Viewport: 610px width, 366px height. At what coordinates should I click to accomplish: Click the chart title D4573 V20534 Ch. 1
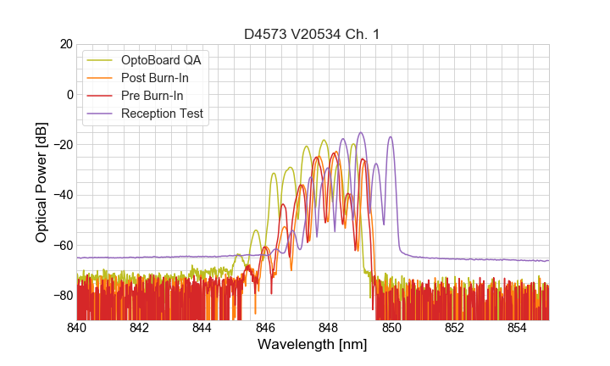click(x=313, y=34)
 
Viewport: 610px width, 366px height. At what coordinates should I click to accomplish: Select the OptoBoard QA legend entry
click(x=161, y=60)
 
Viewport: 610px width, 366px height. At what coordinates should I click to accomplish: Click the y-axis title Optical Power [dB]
click(x=42, y=182)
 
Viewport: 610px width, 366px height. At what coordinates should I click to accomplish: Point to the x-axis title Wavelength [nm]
click(x=313, y=346)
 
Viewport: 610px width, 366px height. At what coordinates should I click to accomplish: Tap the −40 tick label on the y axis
click(x=61, y=195)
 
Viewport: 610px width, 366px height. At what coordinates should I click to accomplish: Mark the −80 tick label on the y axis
click(x=61, y=295)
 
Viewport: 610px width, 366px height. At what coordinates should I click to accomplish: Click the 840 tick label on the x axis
click(x=77, y=327)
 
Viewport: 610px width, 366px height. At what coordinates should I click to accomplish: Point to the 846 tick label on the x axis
click(x=266, y=327)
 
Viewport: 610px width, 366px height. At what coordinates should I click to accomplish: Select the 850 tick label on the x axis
click(x=391, y=327)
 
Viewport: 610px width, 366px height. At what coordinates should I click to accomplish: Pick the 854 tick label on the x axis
click(x=518, y=327)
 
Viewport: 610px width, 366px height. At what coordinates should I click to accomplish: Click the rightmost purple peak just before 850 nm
click(x=391, y=137)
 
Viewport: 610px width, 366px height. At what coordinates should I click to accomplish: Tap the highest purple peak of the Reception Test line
click(x=361, y=132)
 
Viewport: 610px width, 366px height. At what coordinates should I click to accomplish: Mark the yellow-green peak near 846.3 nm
click(x=274, y=174)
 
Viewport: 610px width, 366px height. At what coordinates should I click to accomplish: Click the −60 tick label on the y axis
click(x=61, y=245)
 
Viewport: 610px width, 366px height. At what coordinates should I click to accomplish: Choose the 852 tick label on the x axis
click(x=455, y=327)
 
